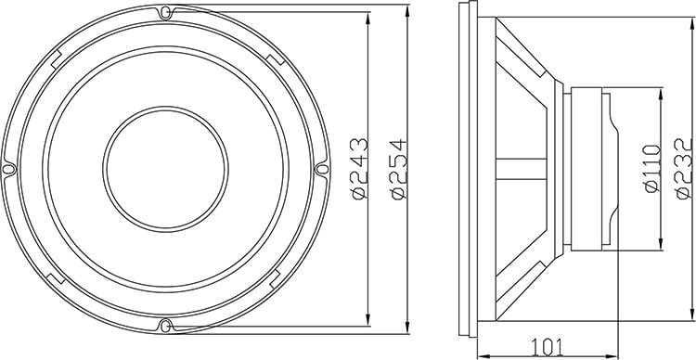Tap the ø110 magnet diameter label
click(650, 169)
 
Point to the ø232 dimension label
click(685, 169)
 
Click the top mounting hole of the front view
click(164, 14)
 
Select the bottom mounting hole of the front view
click(164, 325)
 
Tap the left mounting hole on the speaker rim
click(9, 170)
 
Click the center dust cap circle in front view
click(164, 170)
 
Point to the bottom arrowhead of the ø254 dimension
click(410, 329)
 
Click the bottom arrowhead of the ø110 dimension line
click(660, 248)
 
